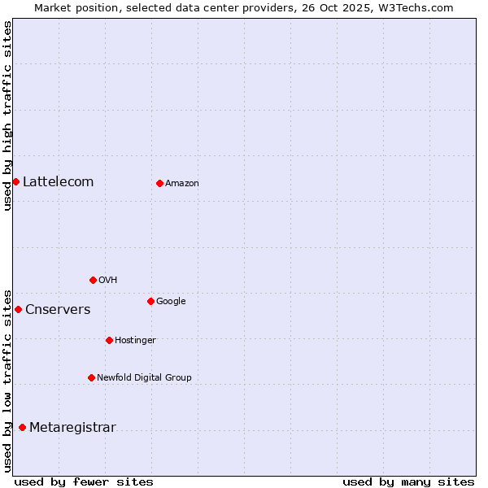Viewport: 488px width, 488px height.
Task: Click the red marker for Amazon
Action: (x=159, y=183)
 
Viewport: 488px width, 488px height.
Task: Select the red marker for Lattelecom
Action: (x=15, y=181)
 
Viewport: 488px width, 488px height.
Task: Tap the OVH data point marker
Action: (x=93, y=280)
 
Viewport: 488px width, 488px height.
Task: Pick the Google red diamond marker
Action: (x=150, y=301)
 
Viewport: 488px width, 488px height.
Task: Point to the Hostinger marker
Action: (x=109, y=340)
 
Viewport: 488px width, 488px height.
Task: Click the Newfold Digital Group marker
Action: (x=91, y=377)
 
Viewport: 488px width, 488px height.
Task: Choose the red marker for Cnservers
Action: (x=18, y=309)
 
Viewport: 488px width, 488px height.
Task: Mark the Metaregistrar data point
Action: (x=22, y=427)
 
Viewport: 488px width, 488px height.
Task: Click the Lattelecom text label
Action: (x=58, y=181)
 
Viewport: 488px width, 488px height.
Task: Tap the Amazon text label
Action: (x=182, y=183)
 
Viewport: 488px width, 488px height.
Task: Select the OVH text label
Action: (x=108, y=280)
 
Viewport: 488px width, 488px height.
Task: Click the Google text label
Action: (x=171, y=301)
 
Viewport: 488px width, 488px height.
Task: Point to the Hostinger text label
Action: (x=135, y=340)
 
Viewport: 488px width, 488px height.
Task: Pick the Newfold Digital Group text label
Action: (x=144, y=377)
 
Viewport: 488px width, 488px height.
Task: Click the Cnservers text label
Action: (x=58, y=309)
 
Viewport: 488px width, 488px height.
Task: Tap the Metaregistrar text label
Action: (x=72, y=427)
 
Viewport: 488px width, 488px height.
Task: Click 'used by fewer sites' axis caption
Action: (x=84, y=481)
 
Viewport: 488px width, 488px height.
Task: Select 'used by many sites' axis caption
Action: (x=408, y=481)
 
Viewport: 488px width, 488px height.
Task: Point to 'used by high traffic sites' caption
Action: (x=7, y=115)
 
